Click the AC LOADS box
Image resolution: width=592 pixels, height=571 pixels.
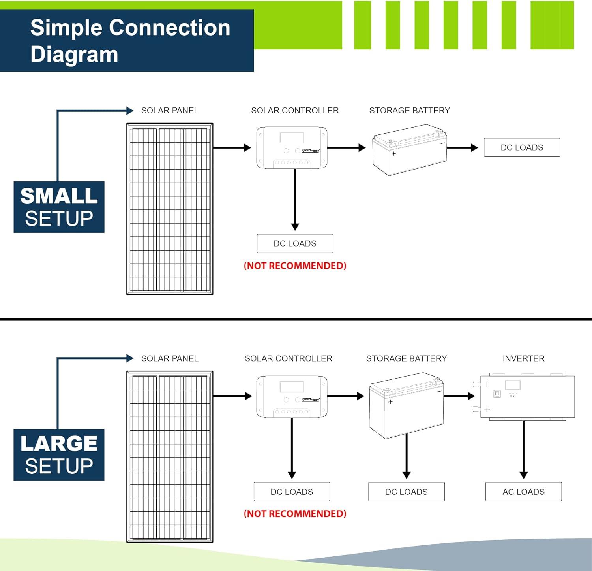tap(523, 492)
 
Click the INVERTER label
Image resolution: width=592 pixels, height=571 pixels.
tap(523, 358)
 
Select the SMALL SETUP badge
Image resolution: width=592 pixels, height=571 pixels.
tap(59, 207)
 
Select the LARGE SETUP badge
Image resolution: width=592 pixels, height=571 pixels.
tap(59, 455)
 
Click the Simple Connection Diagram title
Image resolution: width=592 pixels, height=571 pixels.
tap(130, 41)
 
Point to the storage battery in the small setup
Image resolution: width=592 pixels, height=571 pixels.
tap(409, 150)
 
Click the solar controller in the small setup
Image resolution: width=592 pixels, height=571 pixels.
tap(292, 147)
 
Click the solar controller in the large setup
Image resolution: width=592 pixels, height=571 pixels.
tap(292, 396)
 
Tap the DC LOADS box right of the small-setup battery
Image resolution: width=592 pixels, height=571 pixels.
tap(522, 147)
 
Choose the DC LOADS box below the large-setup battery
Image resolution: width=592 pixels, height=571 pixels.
tap(406, 492)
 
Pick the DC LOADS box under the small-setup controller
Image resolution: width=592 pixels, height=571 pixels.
tap(295, 243)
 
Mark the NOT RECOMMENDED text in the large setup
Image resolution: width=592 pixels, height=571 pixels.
tap(295, 514)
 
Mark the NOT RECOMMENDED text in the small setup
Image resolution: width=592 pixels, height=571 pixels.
tap(295, 266)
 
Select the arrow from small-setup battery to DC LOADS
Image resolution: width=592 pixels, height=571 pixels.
tap(462, 148)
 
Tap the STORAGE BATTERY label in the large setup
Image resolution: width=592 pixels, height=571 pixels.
tap(407, 358)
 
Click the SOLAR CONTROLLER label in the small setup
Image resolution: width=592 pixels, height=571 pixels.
tap(295, 111)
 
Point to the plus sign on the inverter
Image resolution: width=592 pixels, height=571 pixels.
tap(487, 409)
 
